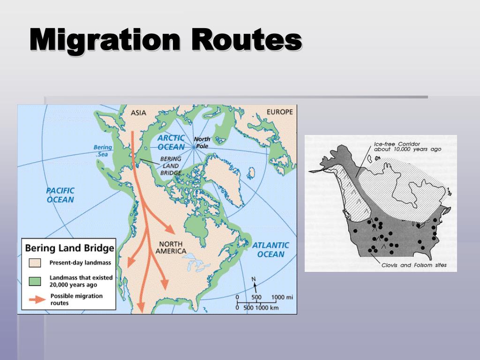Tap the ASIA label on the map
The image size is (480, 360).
[138, 112]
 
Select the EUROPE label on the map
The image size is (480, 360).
[279, 112]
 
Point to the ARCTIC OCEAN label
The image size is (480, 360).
[171, 142]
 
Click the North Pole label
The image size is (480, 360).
[202, 142]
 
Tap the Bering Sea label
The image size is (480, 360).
[103, 150]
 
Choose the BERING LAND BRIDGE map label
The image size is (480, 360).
[171, 166]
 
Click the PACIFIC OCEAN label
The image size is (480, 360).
[60, 195]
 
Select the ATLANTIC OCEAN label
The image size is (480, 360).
[271, 249]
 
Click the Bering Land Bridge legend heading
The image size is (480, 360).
[69, 248]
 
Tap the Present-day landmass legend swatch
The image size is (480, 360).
[35, 262]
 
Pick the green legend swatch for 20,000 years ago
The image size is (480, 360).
[35, 281]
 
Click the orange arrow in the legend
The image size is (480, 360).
[35, 299]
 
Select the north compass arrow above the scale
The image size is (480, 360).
[254, 284]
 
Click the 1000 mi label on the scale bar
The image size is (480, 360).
[282, 297]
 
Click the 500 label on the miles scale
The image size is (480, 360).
[256, 297]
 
